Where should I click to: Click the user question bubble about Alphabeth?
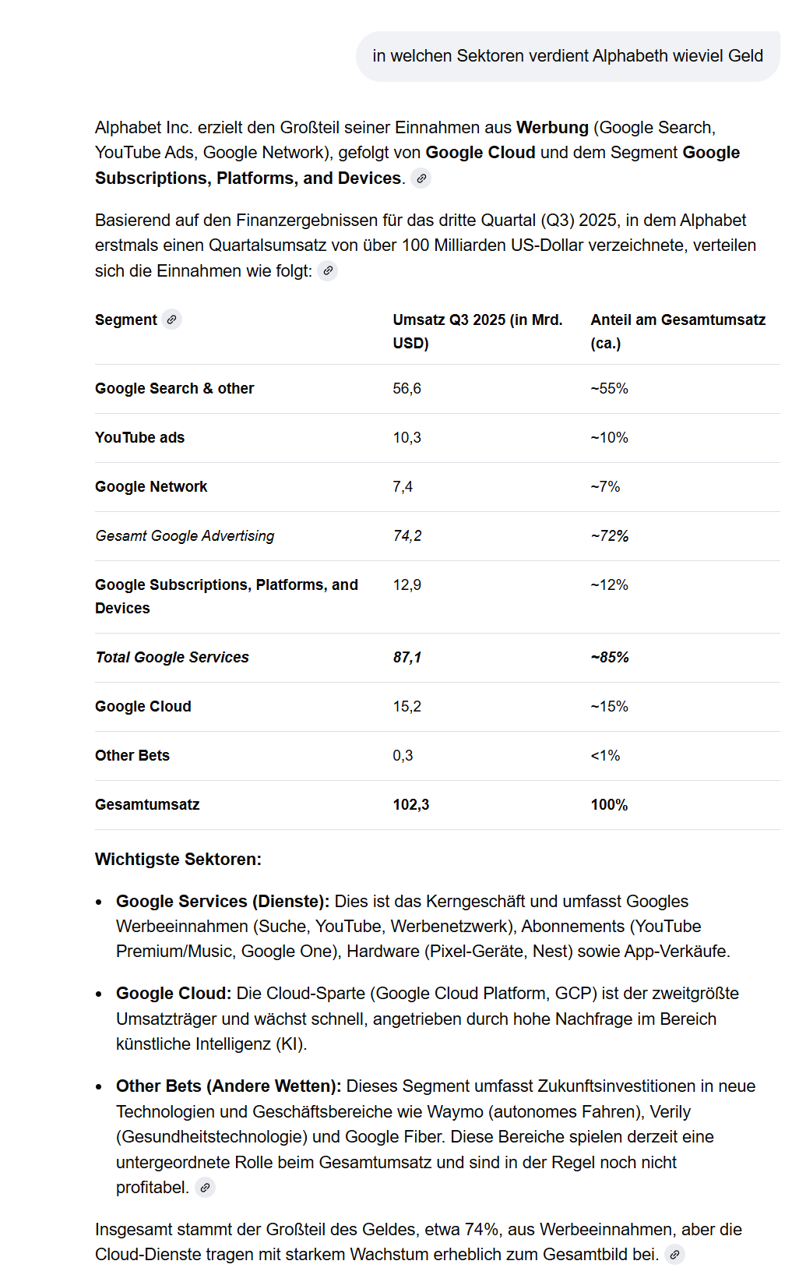pos(568,56)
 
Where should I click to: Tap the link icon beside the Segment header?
pos(171,320)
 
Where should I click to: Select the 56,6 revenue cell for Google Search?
pos(407,389)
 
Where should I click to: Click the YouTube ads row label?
pos(140,438)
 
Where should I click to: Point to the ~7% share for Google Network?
pos(605,487)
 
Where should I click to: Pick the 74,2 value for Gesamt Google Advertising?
pos(407,536)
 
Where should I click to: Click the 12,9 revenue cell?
pos(407,585)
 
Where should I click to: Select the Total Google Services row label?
pos(172,658)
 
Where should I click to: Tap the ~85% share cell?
pos(610,658)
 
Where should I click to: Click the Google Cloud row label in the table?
pos(143,707)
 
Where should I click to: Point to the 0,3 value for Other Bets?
pos(403,756)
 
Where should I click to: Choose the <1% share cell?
pos(605,756)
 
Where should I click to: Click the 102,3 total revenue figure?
pos(411,805)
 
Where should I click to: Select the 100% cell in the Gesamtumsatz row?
pos(609,805)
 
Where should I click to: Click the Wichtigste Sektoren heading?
pos(178,860)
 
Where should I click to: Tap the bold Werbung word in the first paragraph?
pos(552,128)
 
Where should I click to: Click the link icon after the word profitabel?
pos(205,1188)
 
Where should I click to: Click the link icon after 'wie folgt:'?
pos(328,271)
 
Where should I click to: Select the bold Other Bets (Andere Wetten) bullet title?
pos(228,1086)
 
